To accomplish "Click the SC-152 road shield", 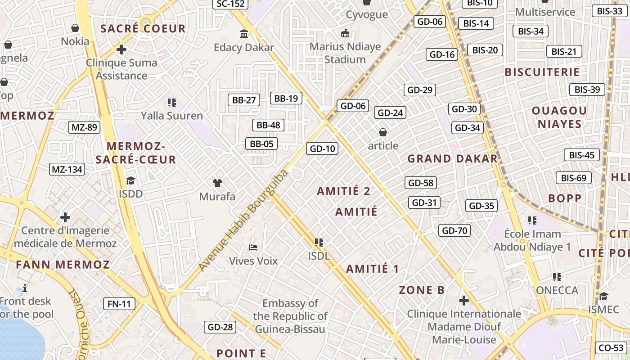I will point(230,4).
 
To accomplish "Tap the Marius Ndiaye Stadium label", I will point(345,53).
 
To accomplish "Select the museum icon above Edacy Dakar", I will point(244,34).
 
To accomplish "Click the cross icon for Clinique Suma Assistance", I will point(121,49).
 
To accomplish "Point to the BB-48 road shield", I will point(268,125).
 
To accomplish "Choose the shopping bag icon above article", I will point(383,132).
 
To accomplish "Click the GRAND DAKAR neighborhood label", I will point(452,159).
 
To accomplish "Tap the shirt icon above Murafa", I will point(217,183).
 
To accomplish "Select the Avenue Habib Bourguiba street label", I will point(243,220).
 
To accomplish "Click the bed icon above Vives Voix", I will point(253,247).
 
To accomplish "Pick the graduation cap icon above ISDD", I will point(130,180).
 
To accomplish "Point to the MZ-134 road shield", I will point(67,170).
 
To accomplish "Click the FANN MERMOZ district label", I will point(63,265).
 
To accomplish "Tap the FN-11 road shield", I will point(119,304).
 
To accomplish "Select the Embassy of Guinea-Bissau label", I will point(290,316).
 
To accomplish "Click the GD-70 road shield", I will point(454,231).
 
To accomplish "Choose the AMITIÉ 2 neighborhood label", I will point(343,191).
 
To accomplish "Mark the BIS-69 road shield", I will point(573,178).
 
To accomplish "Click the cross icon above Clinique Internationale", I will point(464,300).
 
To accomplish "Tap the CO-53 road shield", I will point(611,348).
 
